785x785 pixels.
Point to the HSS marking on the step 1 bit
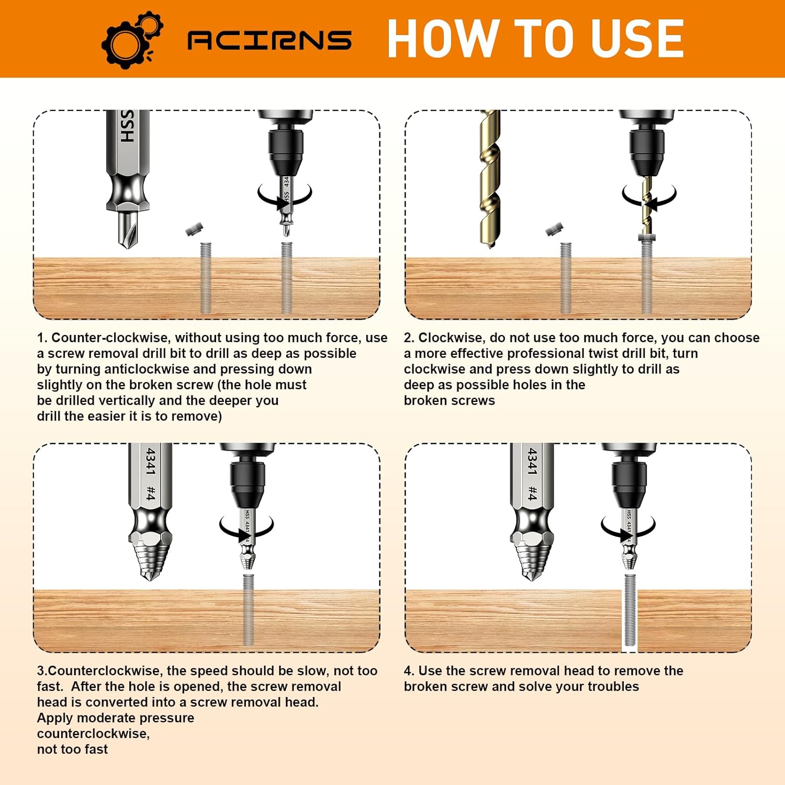tap(127, 126)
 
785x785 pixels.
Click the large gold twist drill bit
tap(490, 178)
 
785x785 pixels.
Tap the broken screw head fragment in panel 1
tap(194, 229)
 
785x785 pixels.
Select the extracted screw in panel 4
tap(630, 610)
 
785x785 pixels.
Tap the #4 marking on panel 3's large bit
tap(151, 493)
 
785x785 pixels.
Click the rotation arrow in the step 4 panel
tap(628, 529)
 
